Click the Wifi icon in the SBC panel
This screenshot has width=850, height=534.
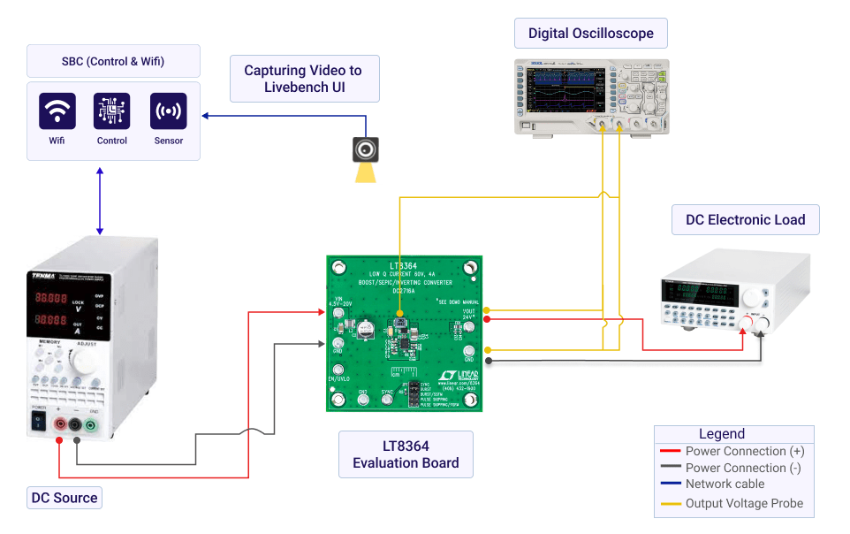click(57, 111)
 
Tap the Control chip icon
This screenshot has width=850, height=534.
click(112, 111)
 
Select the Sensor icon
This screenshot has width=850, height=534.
click(169, 111)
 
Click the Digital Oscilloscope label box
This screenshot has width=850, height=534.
click(590, 34)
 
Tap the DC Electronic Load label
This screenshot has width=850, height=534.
click(745, 220)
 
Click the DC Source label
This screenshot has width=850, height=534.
click(65, 498)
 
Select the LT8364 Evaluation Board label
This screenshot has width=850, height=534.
click(406, 454)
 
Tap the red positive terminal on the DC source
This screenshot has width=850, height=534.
click(59, 425)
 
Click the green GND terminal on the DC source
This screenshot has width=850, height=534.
click(90, 425)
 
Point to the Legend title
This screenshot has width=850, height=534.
click(722, 434)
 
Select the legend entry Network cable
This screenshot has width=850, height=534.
click(725, 484)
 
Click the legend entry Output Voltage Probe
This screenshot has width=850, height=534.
click(744, 503)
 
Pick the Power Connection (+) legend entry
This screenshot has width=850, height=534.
click(744, 451)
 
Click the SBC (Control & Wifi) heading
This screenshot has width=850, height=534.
click(113, 62)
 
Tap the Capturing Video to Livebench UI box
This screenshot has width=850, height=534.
click(303, 79)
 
